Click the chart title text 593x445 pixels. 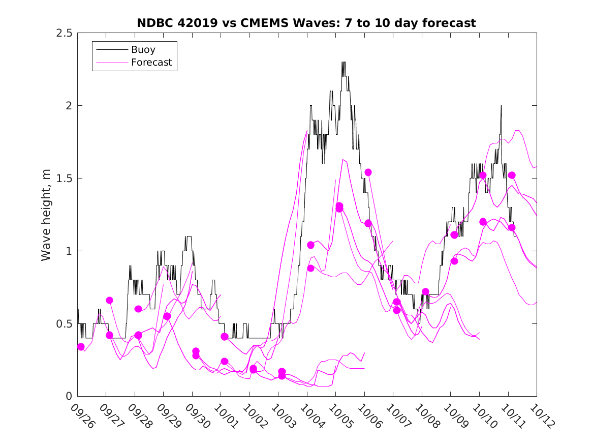click(x=306, y=23)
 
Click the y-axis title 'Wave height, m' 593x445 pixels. click(x=46, y=215)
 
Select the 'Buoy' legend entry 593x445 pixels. click(x=143, y=50)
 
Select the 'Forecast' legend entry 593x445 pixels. click(x=151, y=63)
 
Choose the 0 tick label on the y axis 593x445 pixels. click(x=69, y=397)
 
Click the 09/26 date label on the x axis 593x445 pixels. click(x=82, y=416)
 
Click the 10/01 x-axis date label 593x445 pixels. click(x=226, y=416)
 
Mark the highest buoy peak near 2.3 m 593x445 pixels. click(x=344, y=62)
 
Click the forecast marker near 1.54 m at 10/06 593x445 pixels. click(x=368, y=172)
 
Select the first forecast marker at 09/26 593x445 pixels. click(x=81, y=347)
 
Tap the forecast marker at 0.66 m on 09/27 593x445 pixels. click(x=109, y=300)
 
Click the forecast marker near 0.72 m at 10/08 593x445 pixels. click(x=426, y=292)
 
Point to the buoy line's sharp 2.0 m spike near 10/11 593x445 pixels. click(x=501, y=106)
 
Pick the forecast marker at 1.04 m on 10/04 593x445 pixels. click(x=310, y=245)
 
